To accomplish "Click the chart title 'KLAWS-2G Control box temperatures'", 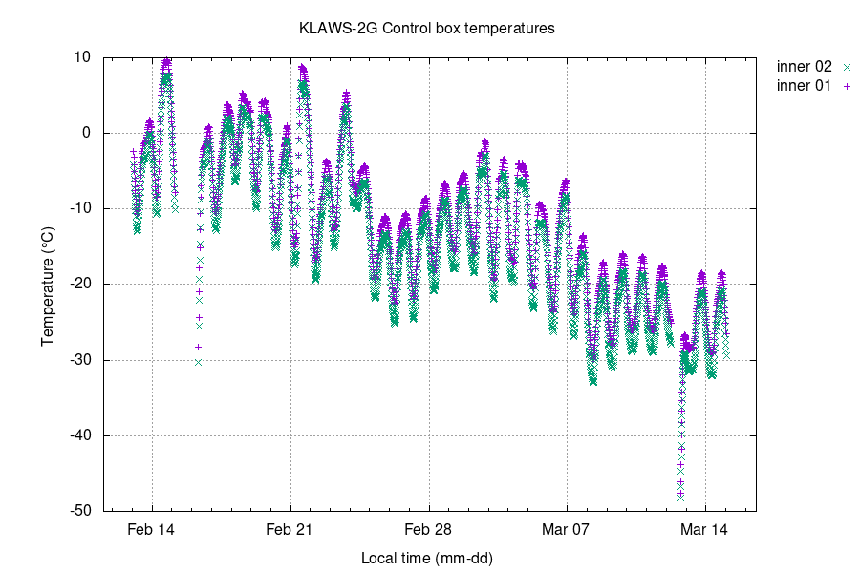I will tap(426, 29).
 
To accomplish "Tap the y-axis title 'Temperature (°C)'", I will tap(48, 284).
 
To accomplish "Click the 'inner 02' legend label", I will tap(805, 67).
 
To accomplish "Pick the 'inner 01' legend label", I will tap(805, 86).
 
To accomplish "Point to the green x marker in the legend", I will tap(846, 67).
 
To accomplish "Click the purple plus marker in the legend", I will tap(846, 86).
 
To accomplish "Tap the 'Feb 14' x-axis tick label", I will tap(152, 528).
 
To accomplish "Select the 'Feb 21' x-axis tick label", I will tap(290, 528).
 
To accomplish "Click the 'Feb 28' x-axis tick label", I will tap(428, 528).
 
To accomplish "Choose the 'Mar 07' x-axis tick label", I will tap(567, 528).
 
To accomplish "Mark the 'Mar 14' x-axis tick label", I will tap(705, 528).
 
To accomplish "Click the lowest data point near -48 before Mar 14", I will tap(680, 497).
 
